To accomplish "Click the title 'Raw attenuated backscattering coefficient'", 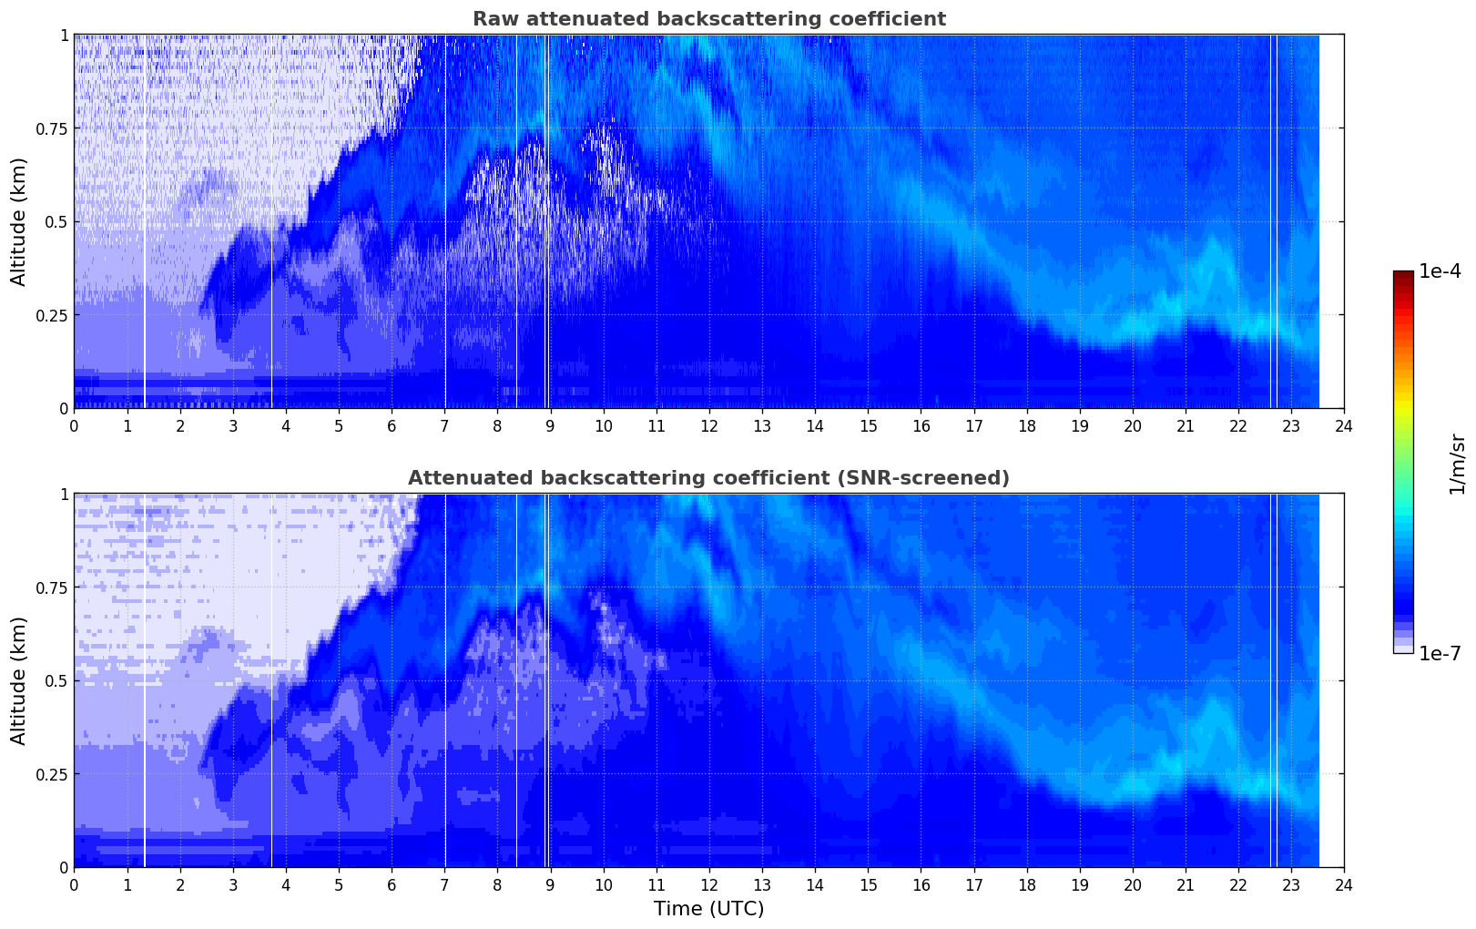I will [708, 19].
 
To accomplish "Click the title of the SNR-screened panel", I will [708, 478].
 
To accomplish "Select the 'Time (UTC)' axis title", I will [708, 909].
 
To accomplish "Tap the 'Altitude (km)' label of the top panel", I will [19, 221].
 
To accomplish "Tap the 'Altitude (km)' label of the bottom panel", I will [19, 680].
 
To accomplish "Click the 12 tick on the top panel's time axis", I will [708, 425].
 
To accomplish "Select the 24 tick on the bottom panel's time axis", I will [1343, 884].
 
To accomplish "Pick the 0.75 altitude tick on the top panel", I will [51, 128].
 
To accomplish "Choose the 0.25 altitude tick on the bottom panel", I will [51, 774].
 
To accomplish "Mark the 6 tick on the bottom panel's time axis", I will [392, 884].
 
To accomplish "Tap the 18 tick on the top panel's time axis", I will [1026, 425].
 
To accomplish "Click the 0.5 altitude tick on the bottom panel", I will [56, 680].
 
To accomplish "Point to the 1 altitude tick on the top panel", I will [64, 35].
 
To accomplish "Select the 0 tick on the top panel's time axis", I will [74, 425].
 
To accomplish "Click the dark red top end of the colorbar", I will [1402, 275].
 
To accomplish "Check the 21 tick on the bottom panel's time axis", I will [1185, 884].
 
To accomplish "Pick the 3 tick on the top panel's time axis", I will [233, 425].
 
